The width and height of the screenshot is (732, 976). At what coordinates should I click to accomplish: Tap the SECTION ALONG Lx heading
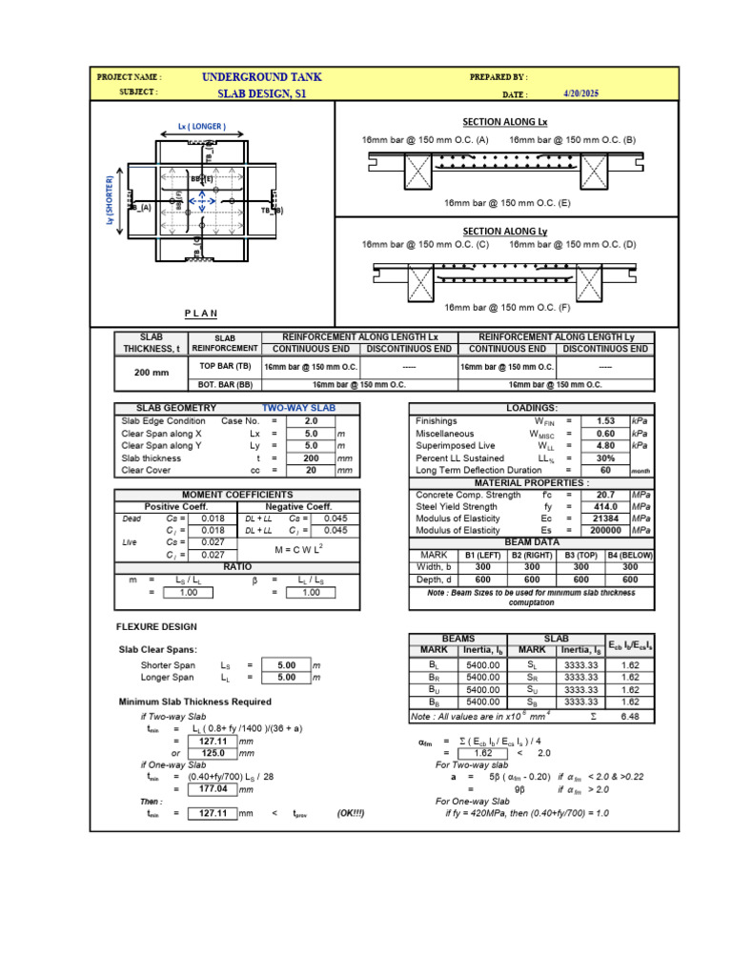pos(505,122)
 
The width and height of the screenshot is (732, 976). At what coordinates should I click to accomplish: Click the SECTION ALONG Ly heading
pos(505,231)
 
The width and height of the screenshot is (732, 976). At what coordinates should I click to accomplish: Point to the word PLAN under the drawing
pos(200,314)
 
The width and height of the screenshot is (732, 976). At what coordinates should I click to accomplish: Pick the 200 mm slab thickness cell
pos(152,374)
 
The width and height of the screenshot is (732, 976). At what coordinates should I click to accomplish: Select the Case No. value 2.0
pos(311,420)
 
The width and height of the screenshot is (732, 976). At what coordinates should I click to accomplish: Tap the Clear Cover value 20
pos(311,470)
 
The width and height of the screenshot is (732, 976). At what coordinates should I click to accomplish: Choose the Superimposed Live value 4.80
pos(605,445)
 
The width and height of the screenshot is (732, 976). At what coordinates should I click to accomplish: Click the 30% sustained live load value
pos(605,457)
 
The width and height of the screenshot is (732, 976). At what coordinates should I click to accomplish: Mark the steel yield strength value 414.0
pos(605,507)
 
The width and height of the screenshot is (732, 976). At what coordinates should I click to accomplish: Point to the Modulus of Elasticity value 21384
pos(605,519)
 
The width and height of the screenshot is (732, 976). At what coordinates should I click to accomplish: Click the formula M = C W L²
pos(301,550)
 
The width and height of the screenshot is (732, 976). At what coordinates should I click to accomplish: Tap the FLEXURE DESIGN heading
pos(156,627)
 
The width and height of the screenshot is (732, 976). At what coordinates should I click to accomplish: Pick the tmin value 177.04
pos(209,789)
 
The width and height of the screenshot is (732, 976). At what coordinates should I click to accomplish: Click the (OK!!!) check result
pos(350,813)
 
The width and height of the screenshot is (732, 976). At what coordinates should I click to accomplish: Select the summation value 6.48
pos(630,715)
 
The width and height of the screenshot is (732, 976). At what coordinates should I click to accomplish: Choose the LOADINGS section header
pos(532,408)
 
